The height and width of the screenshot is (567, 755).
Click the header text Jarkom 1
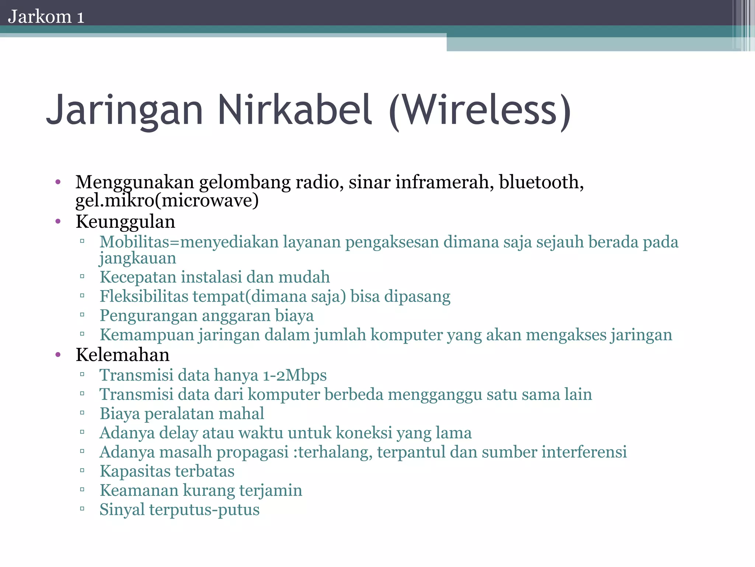coord(46,17)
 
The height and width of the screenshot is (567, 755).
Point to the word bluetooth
coord(541,182)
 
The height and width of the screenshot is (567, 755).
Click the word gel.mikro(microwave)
coord(167,200)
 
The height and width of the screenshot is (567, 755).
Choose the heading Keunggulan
coord(125,222)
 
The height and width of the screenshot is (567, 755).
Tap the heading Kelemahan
coord(122,355)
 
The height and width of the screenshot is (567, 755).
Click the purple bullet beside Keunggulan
coord(58,222)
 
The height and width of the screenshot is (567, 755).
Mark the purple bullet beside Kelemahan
coord(58,355)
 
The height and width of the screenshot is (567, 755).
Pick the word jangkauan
coord(138,258)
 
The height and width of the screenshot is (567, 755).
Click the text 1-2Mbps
coord(295,375)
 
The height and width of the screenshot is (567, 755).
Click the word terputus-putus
coord(204,510)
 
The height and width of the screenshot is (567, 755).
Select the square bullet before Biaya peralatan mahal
coord(82,413)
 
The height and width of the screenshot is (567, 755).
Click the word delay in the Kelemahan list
coord(178,433)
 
